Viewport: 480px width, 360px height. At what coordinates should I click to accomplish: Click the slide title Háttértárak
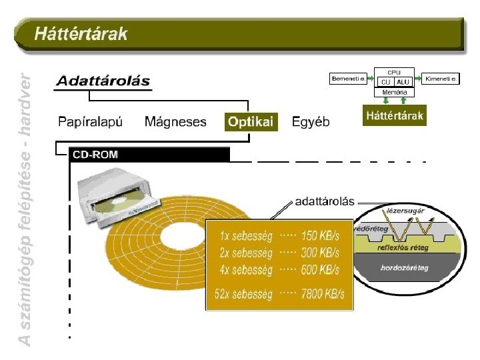click(x=81, y=33)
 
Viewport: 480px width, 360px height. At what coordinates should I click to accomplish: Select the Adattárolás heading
click(x=103, y=81)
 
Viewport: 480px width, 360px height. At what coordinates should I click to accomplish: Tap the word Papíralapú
click(x=91, y=122)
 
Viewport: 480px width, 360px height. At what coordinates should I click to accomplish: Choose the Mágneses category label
click(x=175, y=122)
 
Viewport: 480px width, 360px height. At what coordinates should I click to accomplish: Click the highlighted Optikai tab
click(x=251, y=122)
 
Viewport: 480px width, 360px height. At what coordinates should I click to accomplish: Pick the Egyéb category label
click(x=311, y=122)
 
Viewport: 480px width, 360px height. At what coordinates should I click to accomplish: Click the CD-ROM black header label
click(x=95, y=155)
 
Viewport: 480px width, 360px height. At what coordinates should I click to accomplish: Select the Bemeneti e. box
click(x=349, y=79)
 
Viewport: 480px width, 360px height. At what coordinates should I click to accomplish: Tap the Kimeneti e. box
click(x=442, y=79)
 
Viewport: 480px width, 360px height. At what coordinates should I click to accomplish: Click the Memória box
click(x=395, y=92)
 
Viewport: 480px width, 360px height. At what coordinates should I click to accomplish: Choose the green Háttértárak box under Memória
click(x=395, y=115)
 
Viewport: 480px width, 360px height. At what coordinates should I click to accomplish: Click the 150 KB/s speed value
click(x=320, y=236)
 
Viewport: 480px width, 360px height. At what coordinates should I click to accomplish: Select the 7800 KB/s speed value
click(x=323, y=294)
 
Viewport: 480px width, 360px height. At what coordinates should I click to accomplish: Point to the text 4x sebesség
click(x=246, y=270)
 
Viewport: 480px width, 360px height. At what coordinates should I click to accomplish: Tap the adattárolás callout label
click(x=325, y=199)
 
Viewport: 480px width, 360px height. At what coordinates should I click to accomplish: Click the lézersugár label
click(x=406, y=211)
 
